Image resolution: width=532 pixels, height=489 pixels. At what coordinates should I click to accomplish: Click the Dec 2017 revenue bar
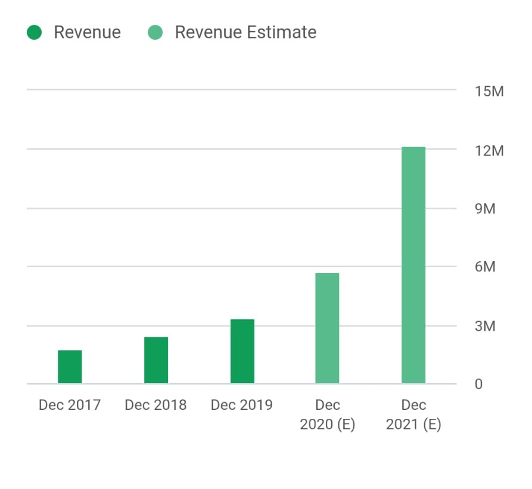tap(70, 367)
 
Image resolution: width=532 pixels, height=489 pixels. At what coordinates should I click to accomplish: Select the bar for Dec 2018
tap(156, 361)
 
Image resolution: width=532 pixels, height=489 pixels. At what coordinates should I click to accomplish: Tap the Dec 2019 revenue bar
tap(242, 352)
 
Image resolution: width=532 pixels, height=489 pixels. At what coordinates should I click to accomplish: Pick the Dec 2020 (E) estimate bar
tap(327, 328)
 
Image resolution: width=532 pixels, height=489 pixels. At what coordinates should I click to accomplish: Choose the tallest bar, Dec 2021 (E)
tap(413, 265)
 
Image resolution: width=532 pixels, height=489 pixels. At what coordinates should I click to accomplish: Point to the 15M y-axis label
tap(489, 92)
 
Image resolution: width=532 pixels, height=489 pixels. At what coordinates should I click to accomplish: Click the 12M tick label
tap(489, 151)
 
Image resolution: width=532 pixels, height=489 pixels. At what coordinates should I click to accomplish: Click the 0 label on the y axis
tap(478, 384)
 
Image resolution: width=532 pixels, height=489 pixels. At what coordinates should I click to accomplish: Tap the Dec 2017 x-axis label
tap(70, 405)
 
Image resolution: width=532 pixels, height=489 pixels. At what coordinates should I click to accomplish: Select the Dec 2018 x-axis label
tap(155, 405)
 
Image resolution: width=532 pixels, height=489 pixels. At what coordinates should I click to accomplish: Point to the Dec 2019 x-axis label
tap(242, 405)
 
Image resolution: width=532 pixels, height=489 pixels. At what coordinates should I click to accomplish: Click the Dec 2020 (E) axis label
tap(328, 415)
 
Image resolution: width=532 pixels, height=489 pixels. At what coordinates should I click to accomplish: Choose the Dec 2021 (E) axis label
tap(413, 415)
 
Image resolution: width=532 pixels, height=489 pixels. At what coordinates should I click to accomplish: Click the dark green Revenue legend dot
tap(35, 32)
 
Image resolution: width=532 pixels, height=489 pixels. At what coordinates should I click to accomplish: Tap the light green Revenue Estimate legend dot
tap(155, 32)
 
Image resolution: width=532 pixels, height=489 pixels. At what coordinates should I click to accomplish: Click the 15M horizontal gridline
tap(238, 90)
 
